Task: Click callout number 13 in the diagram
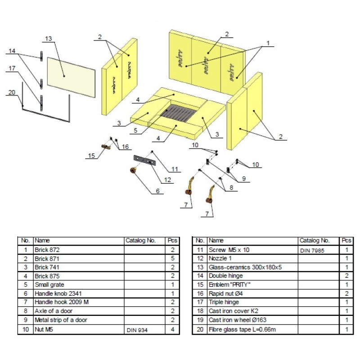[x=49, y=38]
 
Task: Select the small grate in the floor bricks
[x=178, y=115]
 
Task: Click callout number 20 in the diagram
[x=12, y=92]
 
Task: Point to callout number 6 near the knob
[x=157, y=191]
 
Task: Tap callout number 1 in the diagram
[x=268, y=43]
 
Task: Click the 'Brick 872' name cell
[x=47, y=249]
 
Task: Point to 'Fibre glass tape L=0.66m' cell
[x=241, y=329]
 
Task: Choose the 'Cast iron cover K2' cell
[x=233, y=311]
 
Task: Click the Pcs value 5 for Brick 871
[x=172, y=258]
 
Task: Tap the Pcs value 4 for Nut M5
[x=172, y=330]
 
